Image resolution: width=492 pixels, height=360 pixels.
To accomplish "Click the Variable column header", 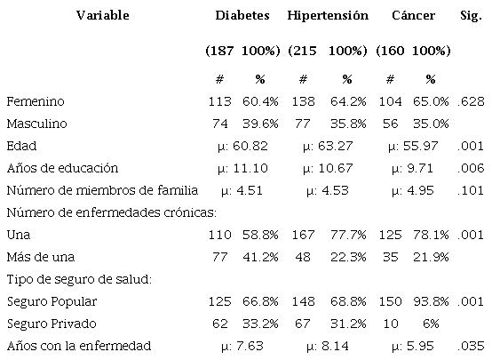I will click(102, 15).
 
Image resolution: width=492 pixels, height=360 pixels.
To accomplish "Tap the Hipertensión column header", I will click(328, 15).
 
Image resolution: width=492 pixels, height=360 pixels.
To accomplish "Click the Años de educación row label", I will click(61, 167).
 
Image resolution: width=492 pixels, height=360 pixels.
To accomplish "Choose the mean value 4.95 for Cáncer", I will click(414, 189).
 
